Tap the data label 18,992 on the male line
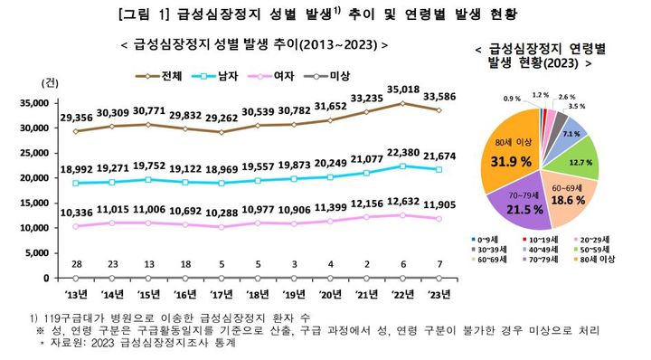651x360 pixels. point(76,168)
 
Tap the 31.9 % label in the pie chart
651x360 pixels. point(510,162)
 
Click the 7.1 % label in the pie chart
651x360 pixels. point(571,133)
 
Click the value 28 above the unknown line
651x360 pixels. point(76,262)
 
